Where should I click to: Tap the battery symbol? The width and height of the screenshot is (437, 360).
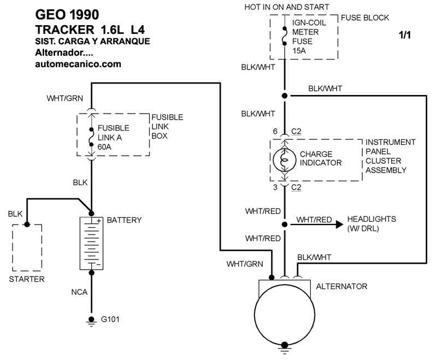[x=91, y=243]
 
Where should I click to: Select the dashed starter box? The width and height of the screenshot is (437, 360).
[x=27, y=247]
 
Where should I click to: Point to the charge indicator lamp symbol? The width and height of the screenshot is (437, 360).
[x=284, y=159]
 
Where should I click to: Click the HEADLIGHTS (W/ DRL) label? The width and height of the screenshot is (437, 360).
[x=371, y=223]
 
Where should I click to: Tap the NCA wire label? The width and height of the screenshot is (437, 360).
[x=79, y=293]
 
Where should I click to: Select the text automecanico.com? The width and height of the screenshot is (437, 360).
[x=78, y=64]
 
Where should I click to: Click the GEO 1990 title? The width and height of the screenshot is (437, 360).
[x=68, y=14]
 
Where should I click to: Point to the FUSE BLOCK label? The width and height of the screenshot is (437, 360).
[x=365, y=18]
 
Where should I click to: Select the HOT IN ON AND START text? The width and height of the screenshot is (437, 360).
[x=287, y=7]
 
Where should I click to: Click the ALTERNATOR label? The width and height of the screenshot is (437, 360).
[x=342, y=286]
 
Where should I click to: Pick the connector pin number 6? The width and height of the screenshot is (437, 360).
[x=276, y=132]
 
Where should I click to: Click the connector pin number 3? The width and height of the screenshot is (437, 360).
[x=276, y=187]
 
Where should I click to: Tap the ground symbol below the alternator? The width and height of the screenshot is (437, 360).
[x=284, y=346]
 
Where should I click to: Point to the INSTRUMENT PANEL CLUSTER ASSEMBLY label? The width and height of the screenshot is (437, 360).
[x=390, y=156]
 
